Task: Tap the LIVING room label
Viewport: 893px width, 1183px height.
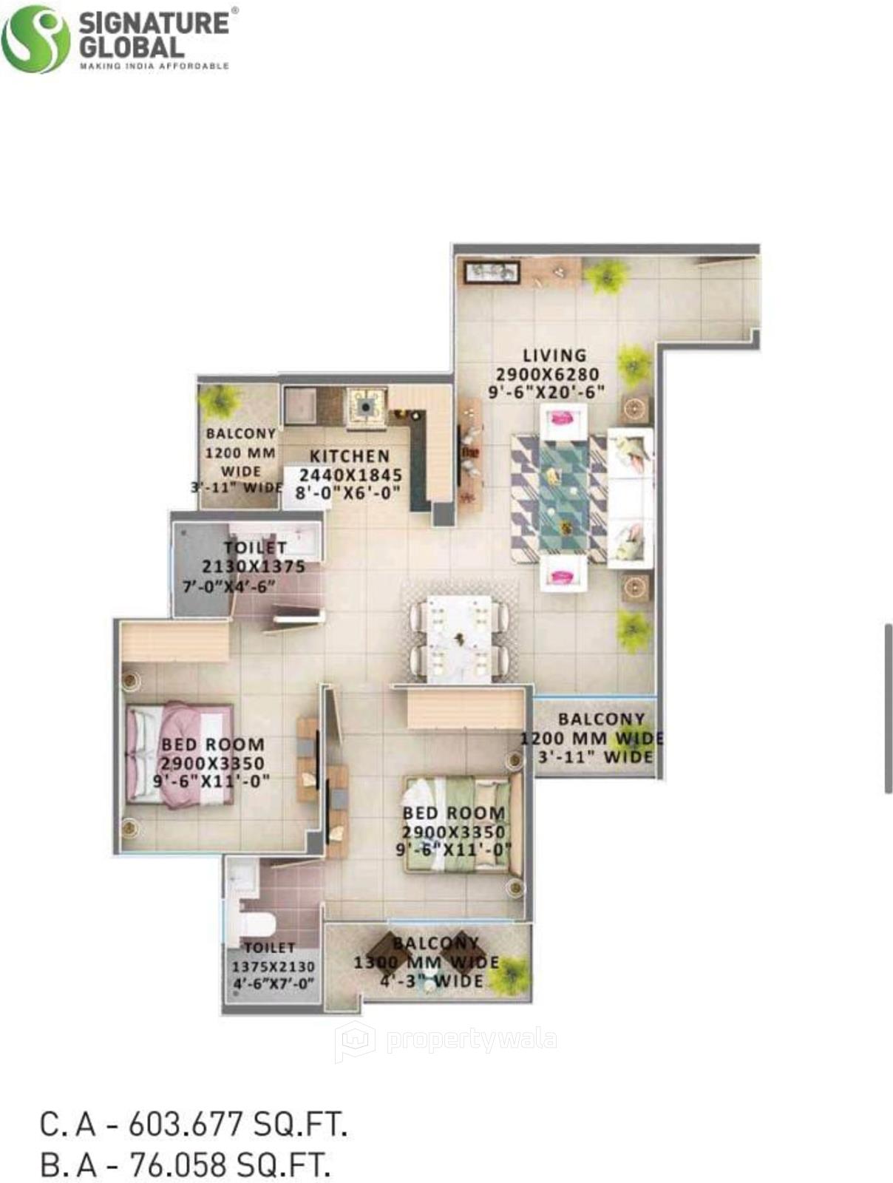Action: [x=554, y=356]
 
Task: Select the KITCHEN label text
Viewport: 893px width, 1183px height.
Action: [x=349, y=456]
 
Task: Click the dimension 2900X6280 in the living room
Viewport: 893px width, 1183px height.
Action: [x=547, y=374]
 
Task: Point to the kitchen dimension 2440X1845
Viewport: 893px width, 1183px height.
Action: [x=350, y=475]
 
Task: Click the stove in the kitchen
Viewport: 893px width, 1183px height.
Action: [x=366, y=404]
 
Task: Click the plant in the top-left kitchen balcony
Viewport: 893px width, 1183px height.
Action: [x=220, y=401]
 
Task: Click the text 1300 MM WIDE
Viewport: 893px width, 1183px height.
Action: [x=427, y=963]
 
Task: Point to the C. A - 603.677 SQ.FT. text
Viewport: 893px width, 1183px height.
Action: [x=194, y=1126]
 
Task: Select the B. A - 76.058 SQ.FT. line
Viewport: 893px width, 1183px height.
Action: [x=185, y=1165]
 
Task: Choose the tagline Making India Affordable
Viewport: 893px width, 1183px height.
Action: [x=154, y=66]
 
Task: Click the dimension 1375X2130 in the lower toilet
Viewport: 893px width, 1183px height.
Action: [x=274, y=966]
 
